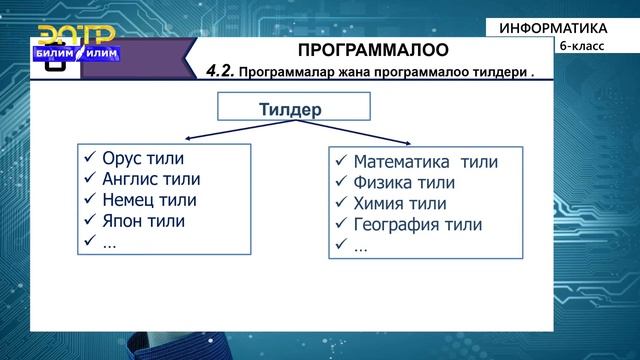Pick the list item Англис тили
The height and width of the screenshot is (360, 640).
pos(152,180)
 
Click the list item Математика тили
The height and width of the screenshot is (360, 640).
pos(425,162)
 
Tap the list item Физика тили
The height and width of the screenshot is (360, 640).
pos(404,183)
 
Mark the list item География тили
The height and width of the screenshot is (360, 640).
pos(417,225)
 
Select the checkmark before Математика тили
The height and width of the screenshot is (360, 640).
pos(341,162)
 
